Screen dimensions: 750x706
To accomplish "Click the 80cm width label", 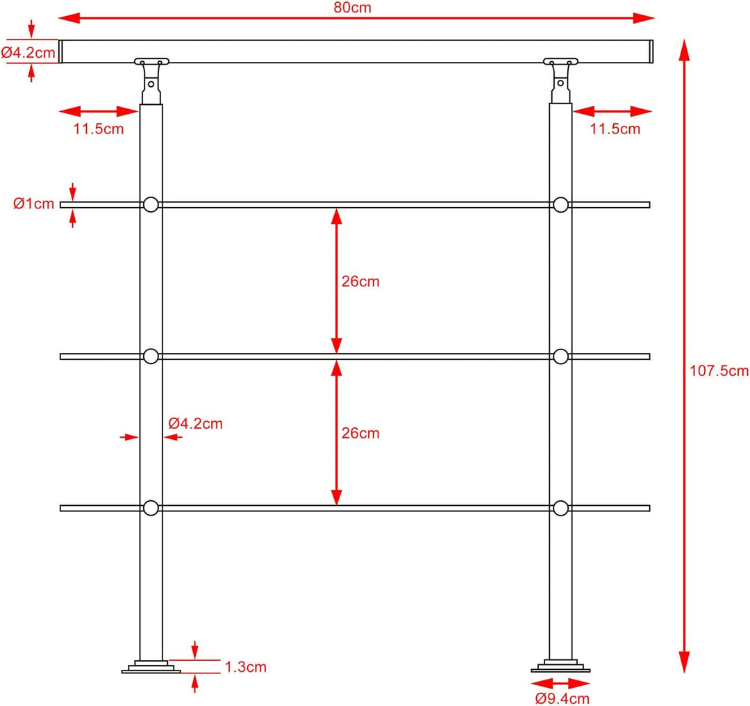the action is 352,8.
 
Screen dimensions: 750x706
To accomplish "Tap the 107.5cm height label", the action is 719,370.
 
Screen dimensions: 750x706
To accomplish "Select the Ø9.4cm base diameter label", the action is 562,699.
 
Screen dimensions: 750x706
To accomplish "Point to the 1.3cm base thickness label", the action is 245,667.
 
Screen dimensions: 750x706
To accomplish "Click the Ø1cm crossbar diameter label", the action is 33,204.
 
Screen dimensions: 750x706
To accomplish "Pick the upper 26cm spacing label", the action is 360,281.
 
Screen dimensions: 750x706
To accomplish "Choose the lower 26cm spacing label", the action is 360,433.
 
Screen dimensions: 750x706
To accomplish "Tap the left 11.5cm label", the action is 99,129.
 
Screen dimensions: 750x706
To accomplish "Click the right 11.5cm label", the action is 615,129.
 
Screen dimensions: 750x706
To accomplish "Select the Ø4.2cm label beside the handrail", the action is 28,53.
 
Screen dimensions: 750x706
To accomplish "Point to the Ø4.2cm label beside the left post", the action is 195,424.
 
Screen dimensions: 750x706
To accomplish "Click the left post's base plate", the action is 151,667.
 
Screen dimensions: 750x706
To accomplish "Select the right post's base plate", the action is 560,666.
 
